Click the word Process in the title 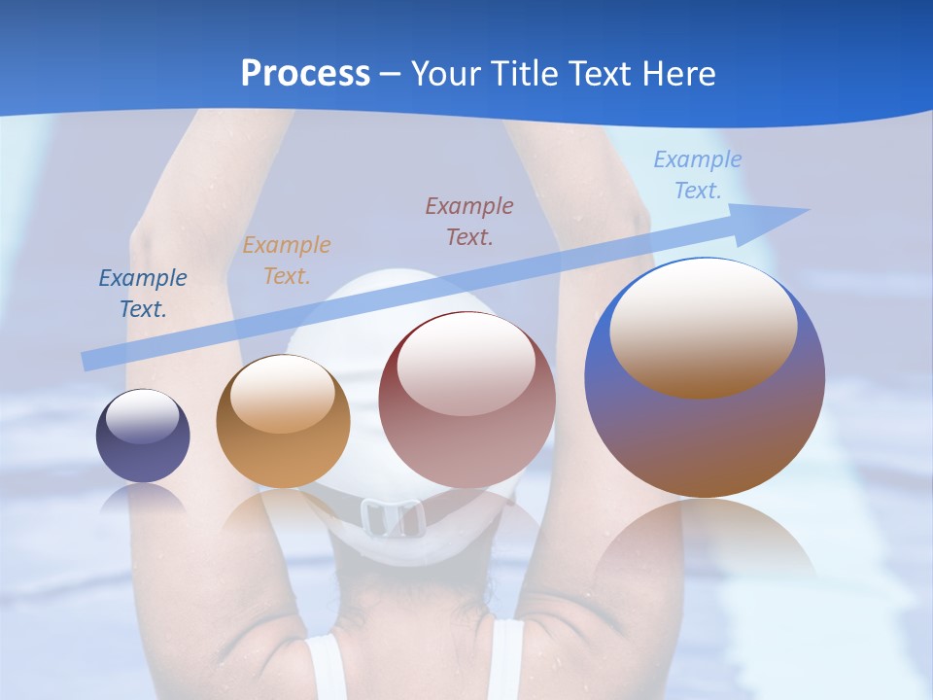305,74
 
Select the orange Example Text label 286,261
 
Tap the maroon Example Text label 469,222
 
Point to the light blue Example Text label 697,175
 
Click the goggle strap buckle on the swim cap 391,517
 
